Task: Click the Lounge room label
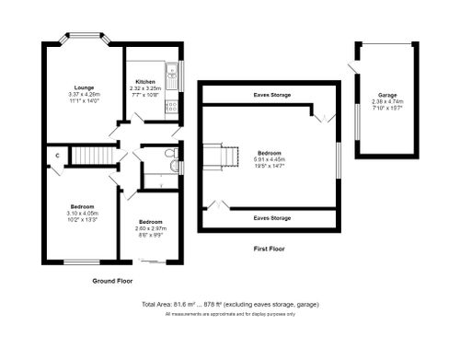(x=82, y=88)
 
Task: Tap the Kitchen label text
(x=145, y=82)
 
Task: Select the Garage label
(x=386, y=95)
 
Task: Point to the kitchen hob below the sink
(x=170, y=106)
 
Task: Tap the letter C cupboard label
(x=56, y=156)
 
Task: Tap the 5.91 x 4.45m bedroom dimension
(x=269, y=159)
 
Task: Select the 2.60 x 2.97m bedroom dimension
(x=151, y=229)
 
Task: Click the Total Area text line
(x=230, y=304)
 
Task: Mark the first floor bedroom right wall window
(x=339, y=157)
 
